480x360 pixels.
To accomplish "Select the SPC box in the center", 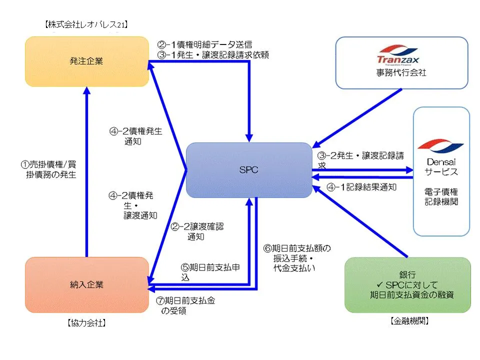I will click(x=248, y=170).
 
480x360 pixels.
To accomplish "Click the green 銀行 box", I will click(x=407, y=285).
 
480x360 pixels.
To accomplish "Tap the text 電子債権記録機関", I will click(x=441, y=197).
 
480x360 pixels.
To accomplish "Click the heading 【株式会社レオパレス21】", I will click(x=86, y=23).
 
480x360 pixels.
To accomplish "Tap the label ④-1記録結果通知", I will click(x=361, y=187).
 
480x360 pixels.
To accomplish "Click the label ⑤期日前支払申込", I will click(x=210, y=272).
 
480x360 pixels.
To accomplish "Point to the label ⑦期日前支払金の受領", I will click(x=187, y=305).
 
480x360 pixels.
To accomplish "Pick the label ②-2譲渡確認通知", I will click(x=196, y=231).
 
